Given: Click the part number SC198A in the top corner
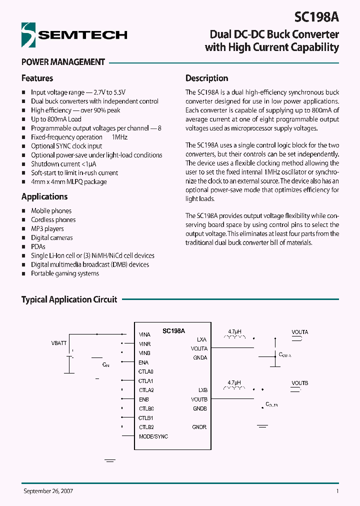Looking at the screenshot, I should [x=316, y=16].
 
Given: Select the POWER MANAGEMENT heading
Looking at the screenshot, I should [x=63, y=62].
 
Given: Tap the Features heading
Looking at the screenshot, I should [x=37, y=78].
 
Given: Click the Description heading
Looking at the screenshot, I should [x=206, y=78].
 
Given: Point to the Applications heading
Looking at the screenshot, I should [x=44, y=197].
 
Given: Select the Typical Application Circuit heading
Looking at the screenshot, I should [x=69, y=299].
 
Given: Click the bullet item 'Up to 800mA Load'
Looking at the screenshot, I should [x=56, y=119].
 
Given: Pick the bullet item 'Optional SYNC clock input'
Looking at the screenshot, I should [x=66, y=146].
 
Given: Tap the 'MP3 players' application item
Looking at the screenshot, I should [x=47, y=229].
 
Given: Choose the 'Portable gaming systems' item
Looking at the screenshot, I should [x=65, y=273].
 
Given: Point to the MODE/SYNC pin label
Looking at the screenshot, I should [x=153, y=436].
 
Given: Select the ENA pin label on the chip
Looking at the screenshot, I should [x=143, y=362].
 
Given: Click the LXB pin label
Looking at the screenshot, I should [x=202, y=390].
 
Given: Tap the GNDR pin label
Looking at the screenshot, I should [x=199, y=427].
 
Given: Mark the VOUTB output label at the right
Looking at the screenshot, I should [x=300, y=383].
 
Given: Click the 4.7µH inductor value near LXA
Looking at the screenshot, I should [x=234, y=331].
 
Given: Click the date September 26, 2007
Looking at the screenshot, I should [x=48, y=491].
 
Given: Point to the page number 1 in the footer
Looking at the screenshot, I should [x=337, y=491].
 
